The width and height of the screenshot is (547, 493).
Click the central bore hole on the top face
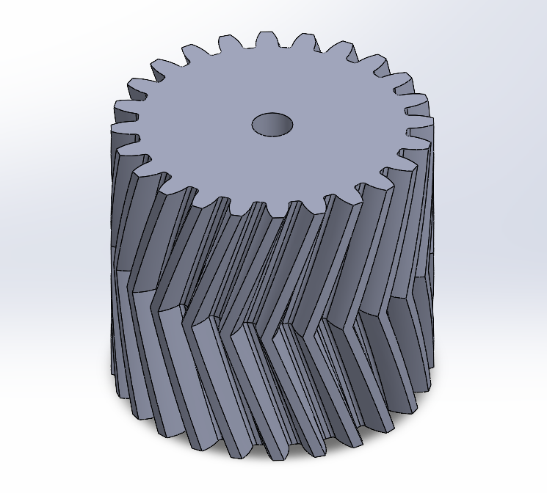coord(272,124)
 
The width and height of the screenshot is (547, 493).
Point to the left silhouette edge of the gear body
coord(114,257)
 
